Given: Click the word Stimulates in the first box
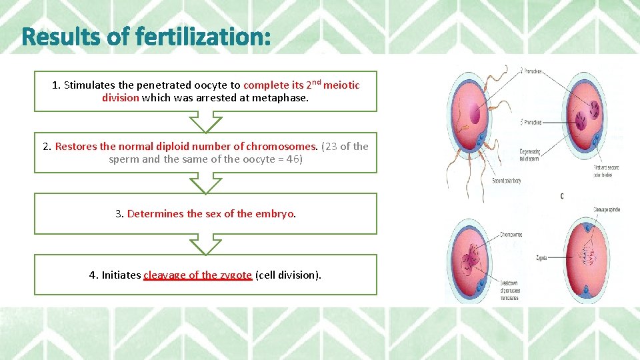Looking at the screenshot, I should pyautogui.click(x=89, y=85).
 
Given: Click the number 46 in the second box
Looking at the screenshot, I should pyautogui.click(x=291, y=160).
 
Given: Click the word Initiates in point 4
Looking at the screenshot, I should pyautogui.click(x=121, y=275).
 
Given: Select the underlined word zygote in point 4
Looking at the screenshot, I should pyautogui.click(x=235, y=275).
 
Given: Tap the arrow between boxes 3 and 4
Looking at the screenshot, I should pyautogui.click(x=205, y=244).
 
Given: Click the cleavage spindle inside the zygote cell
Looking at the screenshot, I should pyautogui.click(x=591, y=256).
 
